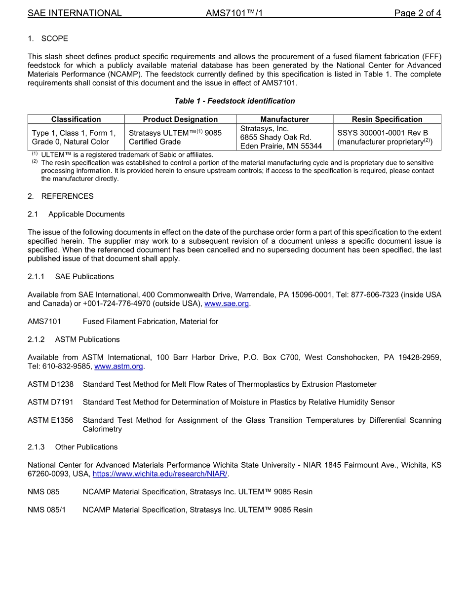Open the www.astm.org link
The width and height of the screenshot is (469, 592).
pyautogui.click(x=118, y=366)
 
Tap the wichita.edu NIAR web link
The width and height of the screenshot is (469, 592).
pyautogui.click(x=160, y=474)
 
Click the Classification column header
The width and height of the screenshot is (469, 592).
pyautogui.click(x=76, y=119)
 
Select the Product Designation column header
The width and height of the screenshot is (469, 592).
pyautogui.click(x=180, y=119)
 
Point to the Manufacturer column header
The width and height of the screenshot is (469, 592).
pyautogui.click(x=284, y=119)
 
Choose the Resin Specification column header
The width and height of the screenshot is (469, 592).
pyautogui.click(x=387, y=119)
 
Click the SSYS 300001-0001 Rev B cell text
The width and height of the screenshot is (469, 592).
pyautogui.click(x=383, y=133)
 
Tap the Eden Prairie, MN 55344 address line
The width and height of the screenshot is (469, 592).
pyautogui.click(x=281, y=146)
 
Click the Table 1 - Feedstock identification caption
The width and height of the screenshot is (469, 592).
pyautogui.click(x=234, y=101)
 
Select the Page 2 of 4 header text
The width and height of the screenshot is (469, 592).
pyautogui.click(x=417, y=13)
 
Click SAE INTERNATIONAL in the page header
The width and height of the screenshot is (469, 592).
pyautogui.click(x=75, y=13)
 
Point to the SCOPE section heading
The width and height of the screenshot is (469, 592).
pyautogui.click(x=54, y=38)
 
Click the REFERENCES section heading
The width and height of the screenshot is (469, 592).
pyautogui.click(x=67, y=196)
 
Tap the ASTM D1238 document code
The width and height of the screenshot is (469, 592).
pyautogui.click(x=50, y=384)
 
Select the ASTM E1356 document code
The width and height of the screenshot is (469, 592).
pyautogui.click(x=50, y=420)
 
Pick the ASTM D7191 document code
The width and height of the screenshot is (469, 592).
pyautogui.click(x=50, y=402)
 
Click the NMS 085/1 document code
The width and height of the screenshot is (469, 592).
pyautogui.click(x=46, y=510)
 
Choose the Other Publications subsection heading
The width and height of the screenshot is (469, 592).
pyautogui.click(x=86, y=446)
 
